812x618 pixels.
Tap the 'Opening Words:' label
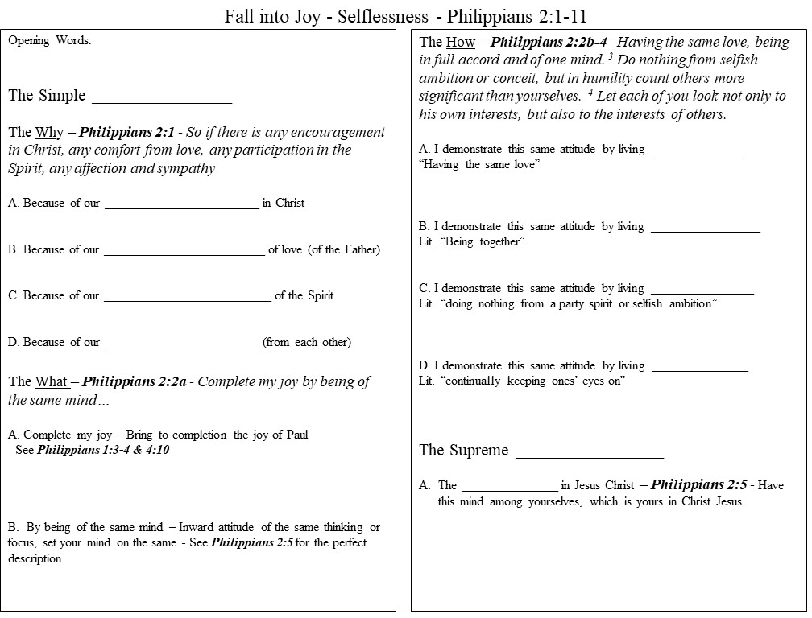49,41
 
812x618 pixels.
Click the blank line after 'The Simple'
162,100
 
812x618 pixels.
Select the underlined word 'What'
52,381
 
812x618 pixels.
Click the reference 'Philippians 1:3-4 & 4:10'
103,450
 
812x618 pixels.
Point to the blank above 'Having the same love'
696,152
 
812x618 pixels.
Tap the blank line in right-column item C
702,291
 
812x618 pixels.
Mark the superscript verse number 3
634,56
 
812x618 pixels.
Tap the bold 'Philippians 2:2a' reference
135,381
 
